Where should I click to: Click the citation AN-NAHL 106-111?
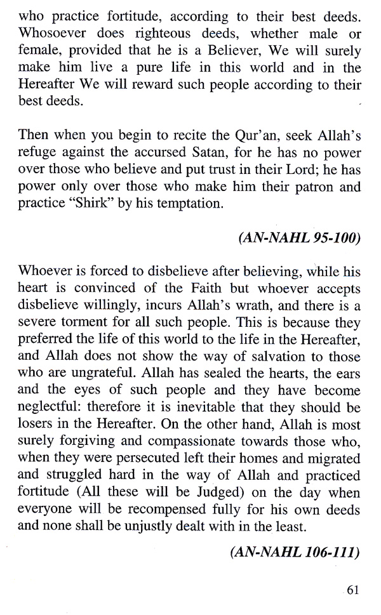coord(294,553)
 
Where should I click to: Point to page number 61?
coord(353,590)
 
